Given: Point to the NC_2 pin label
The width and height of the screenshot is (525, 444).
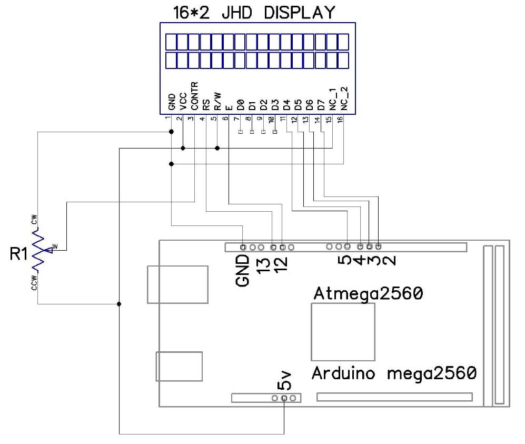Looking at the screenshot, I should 344,98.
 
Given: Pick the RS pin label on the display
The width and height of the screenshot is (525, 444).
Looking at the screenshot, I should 206,104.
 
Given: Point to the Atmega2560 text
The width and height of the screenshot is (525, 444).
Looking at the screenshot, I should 368,293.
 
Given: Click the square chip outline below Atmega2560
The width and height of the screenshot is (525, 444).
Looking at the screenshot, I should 343,331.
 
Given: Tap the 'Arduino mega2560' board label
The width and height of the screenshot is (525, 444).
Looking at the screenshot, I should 394,373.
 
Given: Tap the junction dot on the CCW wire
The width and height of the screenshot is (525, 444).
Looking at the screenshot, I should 119,304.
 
